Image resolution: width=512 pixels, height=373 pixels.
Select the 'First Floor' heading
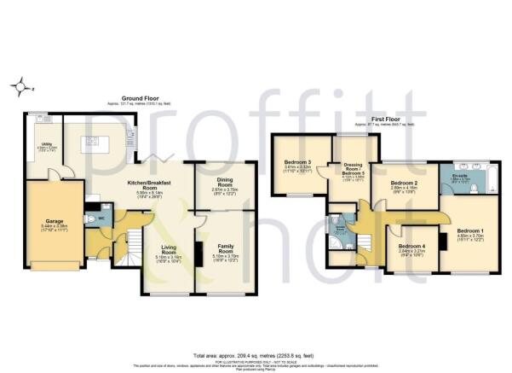point(385,120)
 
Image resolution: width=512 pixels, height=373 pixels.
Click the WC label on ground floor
point(99,217)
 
